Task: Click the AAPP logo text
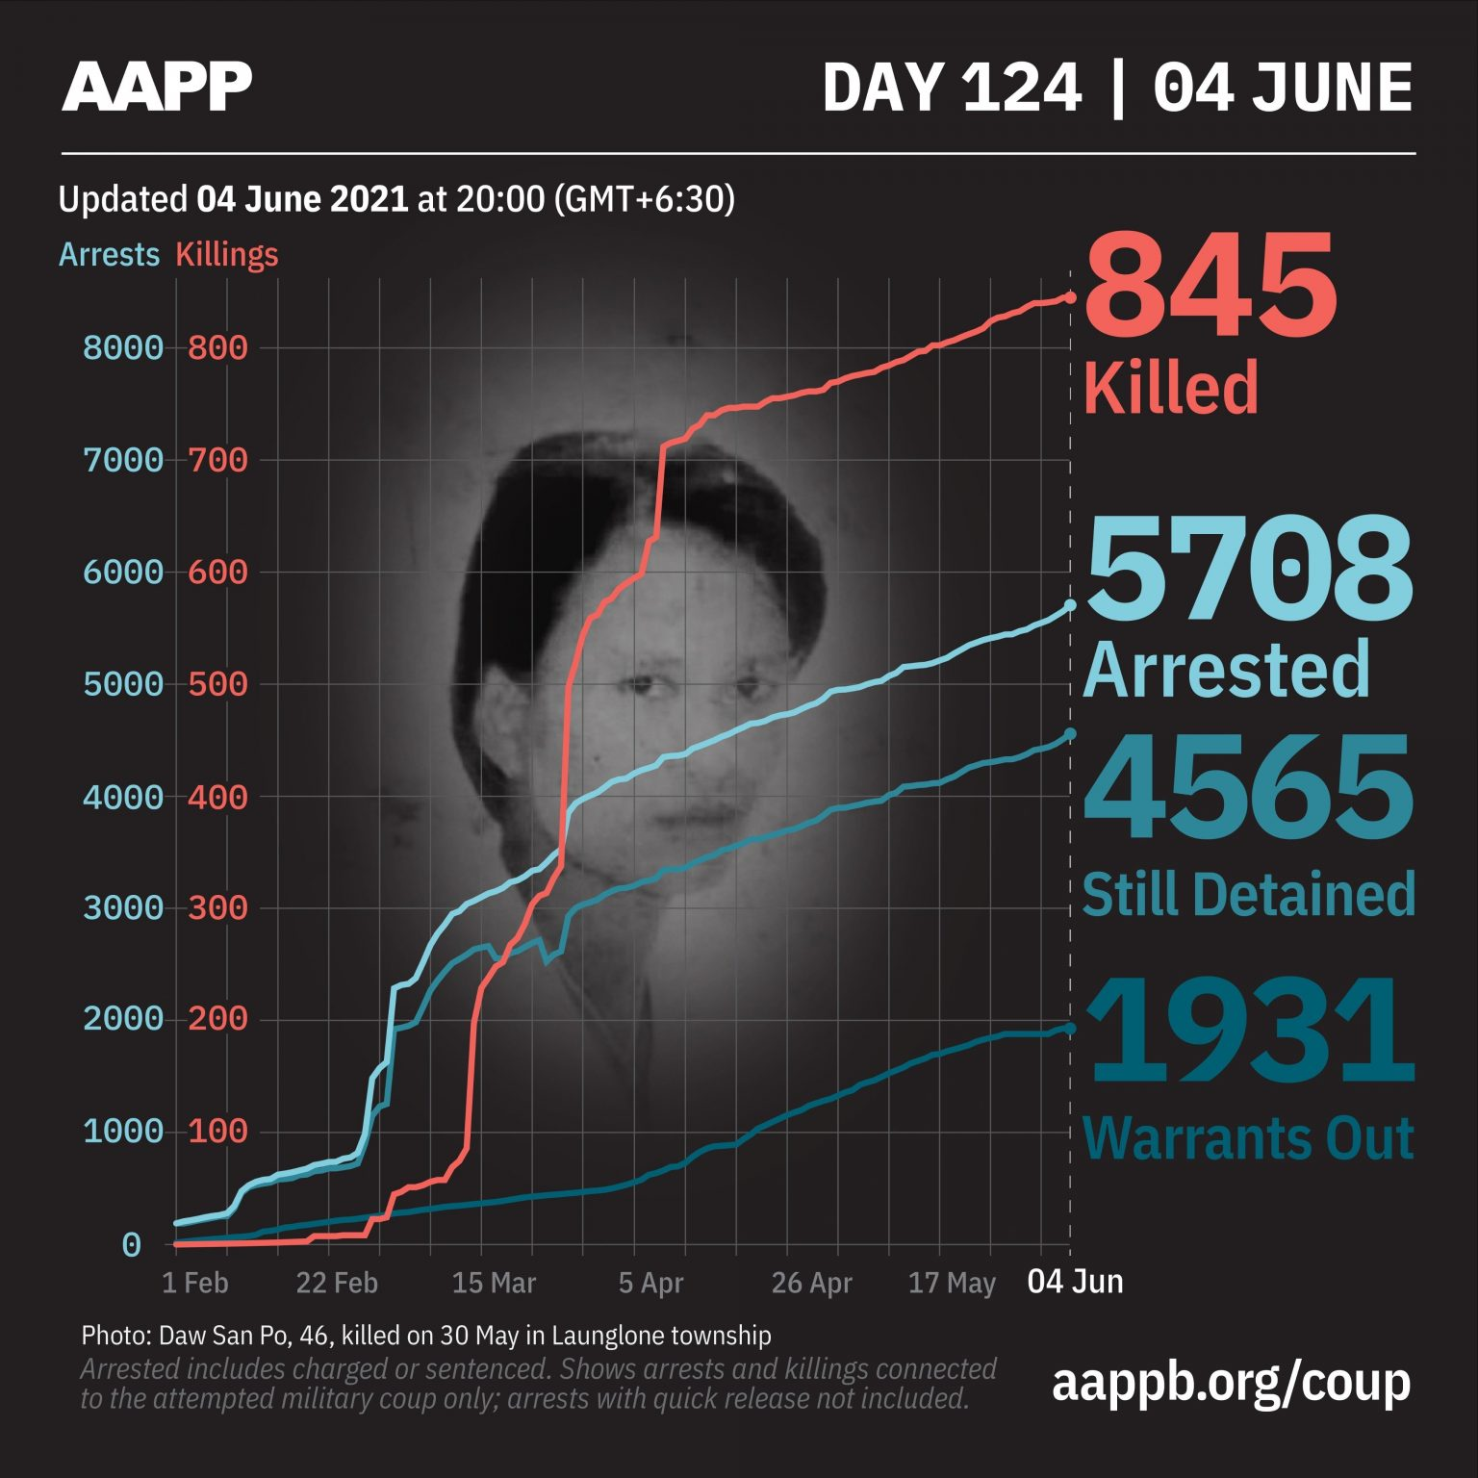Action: click(x=157, y=87)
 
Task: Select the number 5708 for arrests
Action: click(x=1249, y=569)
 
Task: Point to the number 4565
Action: click(x=1249, y=788)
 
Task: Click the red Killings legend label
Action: click(x=227, y=255)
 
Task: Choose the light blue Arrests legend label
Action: click(x=109, y=255)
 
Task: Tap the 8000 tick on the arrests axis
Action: click(x=123, y=347)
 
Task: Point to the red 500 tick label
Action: click(x=217, y=684)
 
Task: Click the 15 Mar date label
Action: click(x=494, y=1283)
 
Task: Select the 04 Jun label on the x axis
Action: click(x=1075, y=1282)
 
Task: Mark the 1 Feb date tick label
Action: click(x=195, y=1283)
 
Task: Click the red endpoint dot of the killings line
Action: click(x=1070, y=297)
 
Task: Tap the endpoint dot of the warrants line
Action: click(x=1070, y=1029)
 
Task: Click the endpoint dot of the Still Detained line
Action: click(x=1070, y=734)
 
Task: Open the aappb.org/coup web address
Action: click(x=1231, y=1382)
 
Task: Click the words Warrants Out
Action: click(x=1248, y=1138)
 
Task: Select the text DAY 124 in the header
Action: click(x=952, y=89)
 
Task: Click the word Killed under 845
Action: click(x=1171, y=387)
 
